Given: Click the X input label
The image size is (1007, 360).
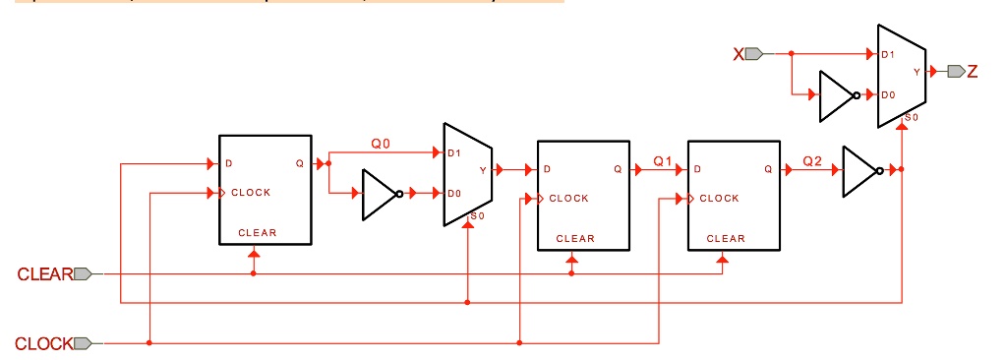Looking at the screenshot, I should tap(739, 53).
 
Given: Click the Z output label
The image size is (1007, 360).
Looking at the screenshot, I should tap(973, 71).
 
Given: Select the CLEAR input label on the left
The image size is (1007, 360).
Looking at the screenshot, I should tap(44, 274).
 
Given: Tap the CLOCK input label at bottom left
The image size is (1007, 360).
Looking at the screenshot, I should tap(43, 343).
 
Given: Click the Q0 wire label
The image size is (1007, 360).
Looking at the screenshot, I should tap(381, 144).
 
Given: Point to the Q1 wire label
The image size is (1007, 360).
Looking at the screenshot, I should tap(662, 160).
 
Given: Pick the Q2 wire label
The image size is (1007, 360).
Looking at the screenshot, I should tap(812, 160).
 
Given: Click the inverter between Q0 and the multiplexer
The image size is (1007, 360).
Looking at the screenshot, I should tap(380, 194).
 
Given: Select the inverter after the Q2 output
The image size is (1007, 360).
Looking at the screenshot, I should tap(860, 170).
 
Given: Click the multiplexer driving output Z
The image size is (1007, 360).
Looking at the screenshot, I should tap(901, 73).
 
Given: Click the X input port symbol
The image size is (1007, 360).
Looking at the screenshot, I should tap(754, 53).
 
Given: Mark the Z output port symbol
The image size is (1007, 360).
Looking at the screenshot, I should tap(955, 71).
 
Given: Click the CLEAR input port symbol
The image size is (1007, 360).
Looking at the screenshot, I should tap(84, 274).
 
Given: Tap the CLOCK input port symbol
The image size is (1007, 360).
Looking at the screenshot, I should tap(84, 343).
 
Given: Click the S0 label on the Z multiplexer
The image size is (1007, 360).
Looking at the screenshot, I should tap(911, 118).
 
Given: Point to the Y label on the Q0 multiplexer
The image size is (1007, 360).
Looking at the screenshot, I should tap(482, 170).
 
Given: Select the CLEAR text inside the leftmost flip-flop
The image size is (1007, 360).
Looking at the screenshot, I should tap(258, 233).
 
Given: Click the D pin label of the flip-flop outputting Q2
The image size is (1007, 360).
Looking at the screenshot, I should tap(697, 169).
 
